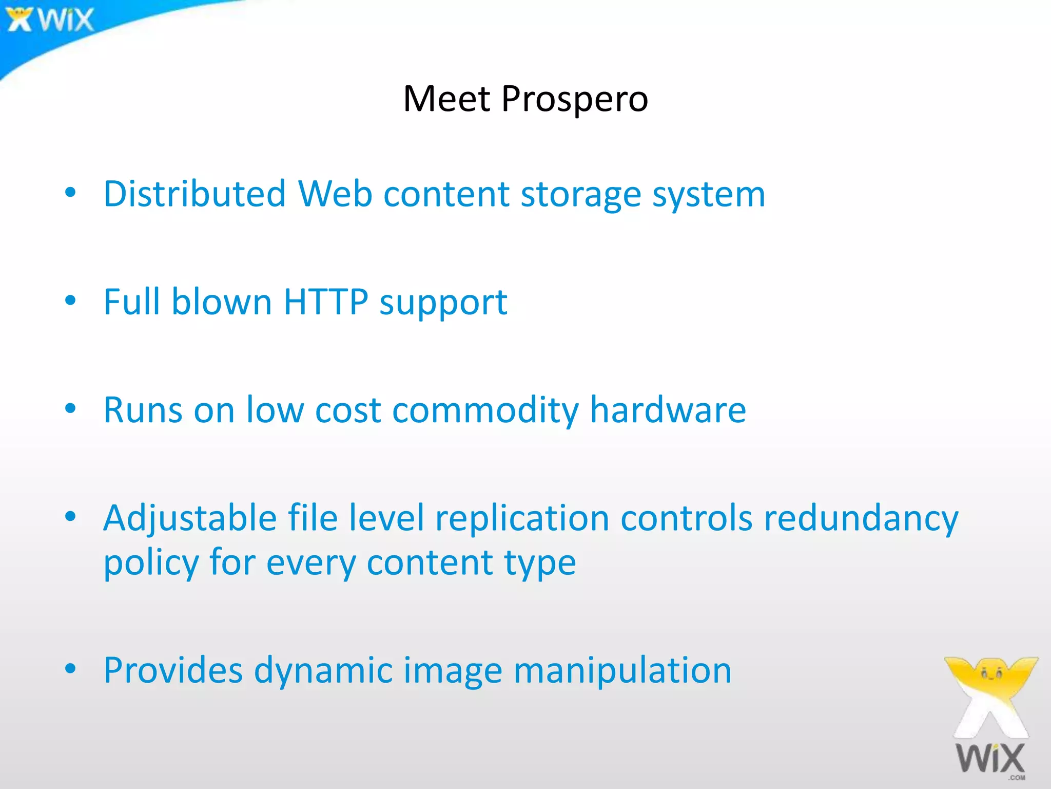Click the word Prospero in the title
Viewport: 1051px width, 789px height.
574,99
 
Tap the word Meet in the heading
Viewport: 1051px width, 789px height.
446,99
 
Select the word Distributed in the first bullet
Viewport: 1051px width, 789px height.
194,194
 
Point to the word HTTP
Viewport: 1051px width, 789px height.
325,302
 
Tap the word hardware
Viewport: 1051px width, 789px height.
668,410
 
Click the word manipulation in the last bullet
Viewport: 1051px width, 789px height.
622,671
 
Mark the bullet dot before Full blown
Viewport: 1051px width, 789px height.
71,300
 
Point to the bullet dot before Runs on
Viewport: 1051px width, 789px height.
71,409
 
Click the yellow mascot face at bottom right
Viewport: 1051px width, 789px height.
991,672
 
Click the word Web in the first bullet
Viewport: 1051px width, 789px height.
335,194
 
